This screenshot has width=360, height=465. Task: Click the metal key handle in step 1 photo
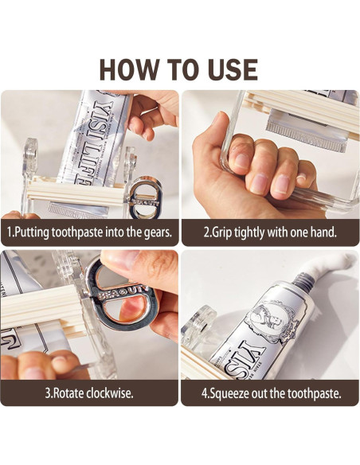pyautogui.click(x=145, y=197)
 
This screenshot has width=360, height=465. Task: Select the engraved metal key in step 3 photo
pyautogui.click(x=122, y=296)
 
